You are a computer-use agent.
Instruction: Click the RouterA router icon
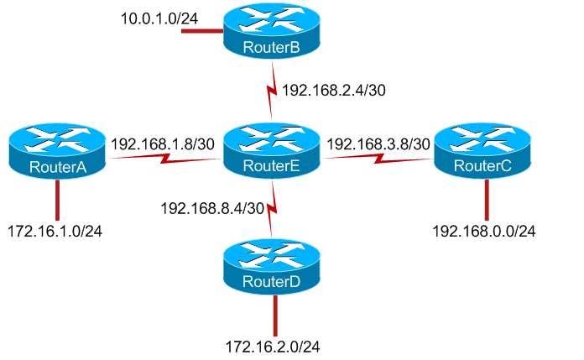[x=57, y=152]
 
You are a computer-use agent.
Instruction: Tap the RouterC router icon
[x=482, y=150]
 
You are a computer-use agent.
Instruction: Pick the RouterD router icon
[x=272, y=267]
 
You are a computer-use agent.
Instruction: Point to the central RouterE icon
[x=272, y=150]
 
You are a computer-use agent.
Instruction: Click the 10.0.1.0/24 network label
[x=159, y=18]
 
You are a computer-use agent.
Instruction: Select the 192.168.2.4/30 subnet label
[x=333, y=90]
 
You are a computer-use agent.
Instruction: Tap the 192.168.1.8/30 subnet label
[x=163, y=143]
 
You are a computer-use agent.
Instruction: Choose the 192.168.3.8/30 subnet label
[x=378, y=143]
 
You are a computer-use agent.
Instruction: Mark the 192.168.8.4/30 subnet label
[x=212, y=208]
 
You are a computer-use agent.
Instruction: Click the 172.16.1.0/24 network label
[x=55, y=231]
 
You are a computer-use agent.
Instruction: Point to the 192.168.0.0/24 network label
[x=484, y=231]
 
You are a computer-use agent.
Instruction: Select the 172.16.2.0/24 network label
[x=273, y=347]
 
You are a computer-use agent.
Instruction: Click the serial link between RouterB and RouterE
[x=272, y=91]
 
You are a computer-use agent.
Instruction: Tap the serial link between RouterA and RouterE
[x=164, y=159]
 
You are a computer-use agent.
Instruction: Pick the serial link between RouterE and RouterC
[x=378, y=159]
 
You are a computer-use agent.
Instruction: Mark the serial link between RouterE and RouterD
[x=272, y=209]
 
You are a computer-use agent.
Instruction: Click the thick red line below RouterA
[x=57, y=200]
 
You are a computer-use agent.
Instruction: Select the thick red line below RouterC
[x=487, y=200]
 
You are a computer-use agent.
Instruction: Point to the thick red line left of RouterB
[x=202, y=30]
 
